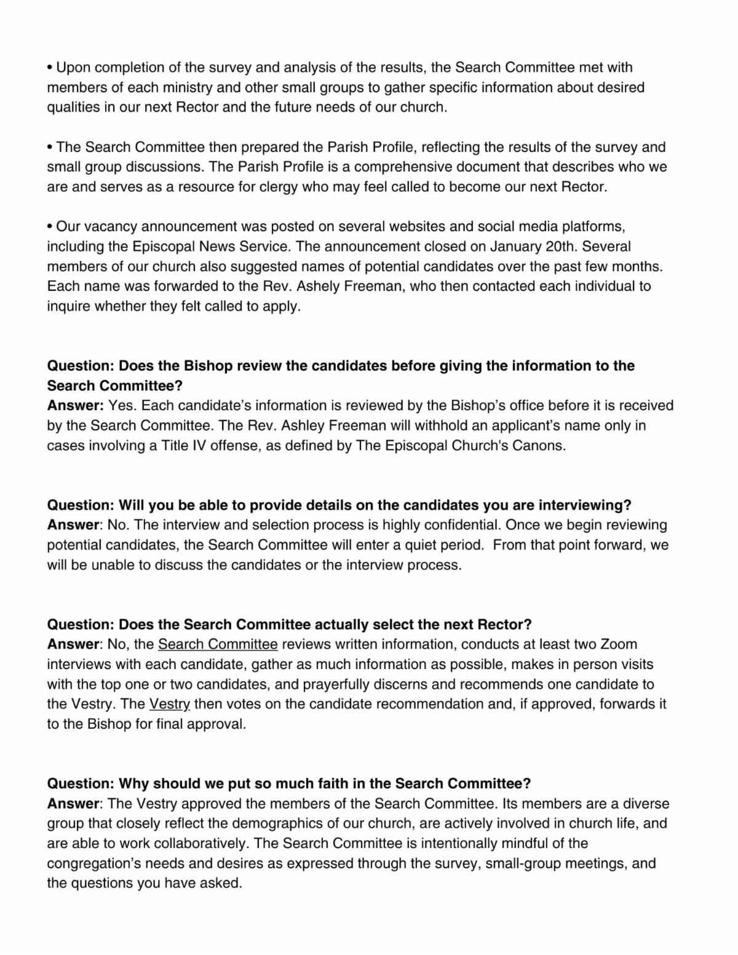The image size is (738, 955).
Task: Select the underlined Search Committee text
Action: tap(218, 644)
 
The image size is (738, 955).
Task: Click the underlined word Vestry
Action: tap(170, 704)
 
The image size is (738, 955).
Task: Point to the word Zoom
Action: tap(618, 644)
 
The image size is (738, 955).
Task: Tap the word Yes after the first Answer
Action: tap(121, 406)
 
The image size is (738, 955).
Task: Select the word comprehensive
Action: tap(403, 167)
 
